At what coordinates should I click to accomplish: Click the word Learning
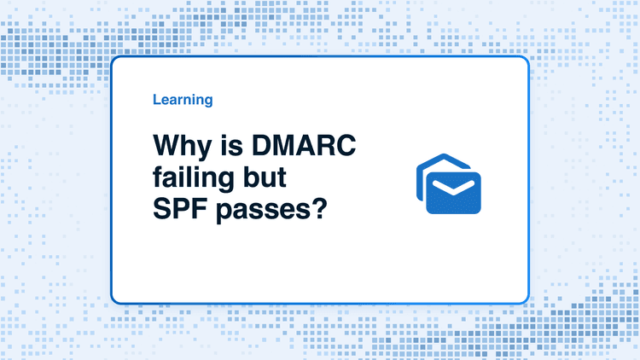pyautogui.click(x=183, y=100)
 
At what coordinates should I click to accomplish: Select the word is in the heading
pyautogui.click(x=232, y=145)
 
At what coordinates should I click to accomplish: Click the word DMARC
pyautogui.click(x=304, y=145)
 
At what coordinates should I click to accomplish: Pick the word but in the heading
pyautogui.click(x=265, y=177)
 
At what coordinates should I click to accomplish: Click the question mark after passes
pyautogui.click(x=319, y=208)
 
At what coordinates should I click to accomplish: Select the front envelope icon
pyautogui.click(x=453, y=193)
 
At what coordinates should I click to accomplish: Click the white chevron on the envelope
pyautogui.click(x=453, y=187)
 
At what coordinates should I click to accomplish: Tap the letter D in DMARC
pyautogui.click(x=262, y=145)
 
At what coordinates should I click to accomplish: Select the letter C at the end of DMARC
pyautogui.click(x=346, y=145)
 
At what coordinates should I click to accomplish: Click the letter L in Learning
pyautogui.click(x=157, y=99)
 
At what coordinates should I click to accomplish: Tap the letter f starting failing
pyautogui.click(x=159, y=177)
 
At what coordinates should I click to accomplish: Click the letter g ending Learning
pyautogui.click(x=208, y=102)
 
